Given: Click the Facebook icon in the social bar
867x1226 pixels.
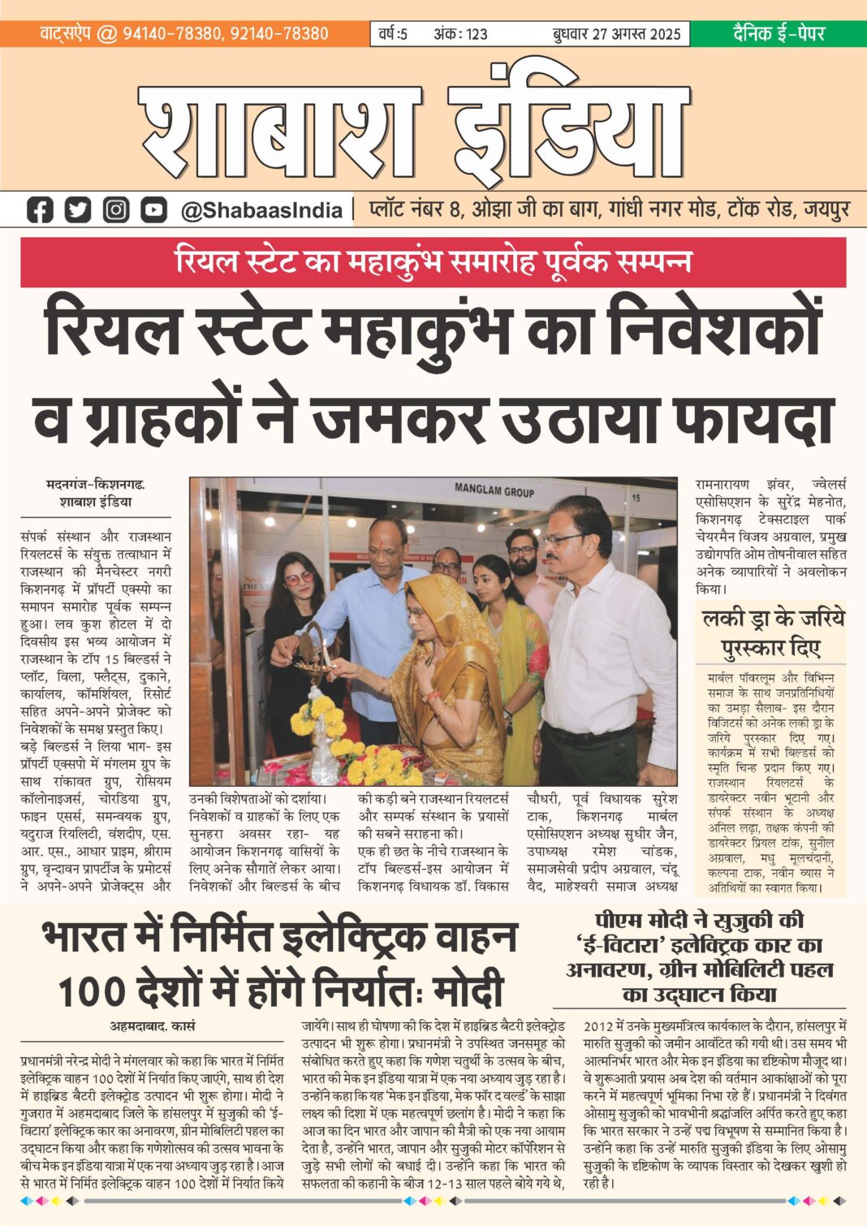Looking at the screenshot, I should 39,210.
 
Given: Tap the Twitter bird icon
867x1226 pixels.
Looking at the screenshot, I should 78,210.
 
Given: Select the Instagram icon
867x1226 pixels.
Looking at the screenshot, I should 116,210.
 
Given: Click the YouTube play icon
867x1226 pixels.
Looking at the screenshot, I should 153,210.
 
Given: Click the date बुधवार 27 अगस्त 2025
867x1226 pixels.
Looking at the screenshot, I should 616,34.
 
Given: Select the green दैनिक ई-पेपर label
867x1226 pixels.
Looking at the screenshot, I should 779,33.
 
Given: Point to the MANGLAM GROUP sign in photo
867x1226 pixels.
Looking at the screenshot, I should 494,490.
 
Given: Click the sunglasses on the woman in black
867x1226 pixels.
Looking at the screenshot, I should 298,578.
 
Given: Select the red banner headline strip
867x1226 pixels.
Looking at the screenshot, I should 433,262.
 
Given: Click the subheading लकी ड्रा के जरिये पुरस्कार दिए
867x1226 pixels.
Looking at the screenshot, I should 772,632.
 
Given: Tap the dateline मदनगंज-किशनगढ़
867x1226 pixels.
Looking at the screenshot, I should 96,485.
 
